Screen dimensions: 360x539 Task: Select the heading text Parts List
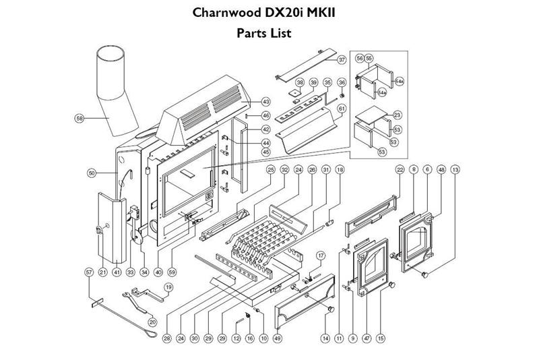tap(264, 33)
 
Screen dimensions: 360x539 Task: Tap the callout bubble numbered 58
tap(80, 118)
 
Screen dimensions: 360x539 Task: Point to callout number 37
tap(342, 60)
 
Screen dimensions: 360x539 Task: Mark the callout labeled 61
tap(342, 109)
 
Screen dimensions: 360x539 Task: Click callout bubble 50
tap(92, 173)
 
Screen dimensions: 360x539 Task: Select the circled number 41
tap(116, 272)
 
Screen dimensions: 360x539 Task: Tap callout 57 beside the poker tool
tap(88, 272)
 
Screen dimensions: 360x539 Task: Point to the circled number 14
tap(325, 337)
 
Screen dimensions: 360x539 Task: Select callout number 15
tap(381, 337)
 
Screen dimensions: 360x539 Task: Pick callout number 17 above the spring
tap(321, 256)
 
